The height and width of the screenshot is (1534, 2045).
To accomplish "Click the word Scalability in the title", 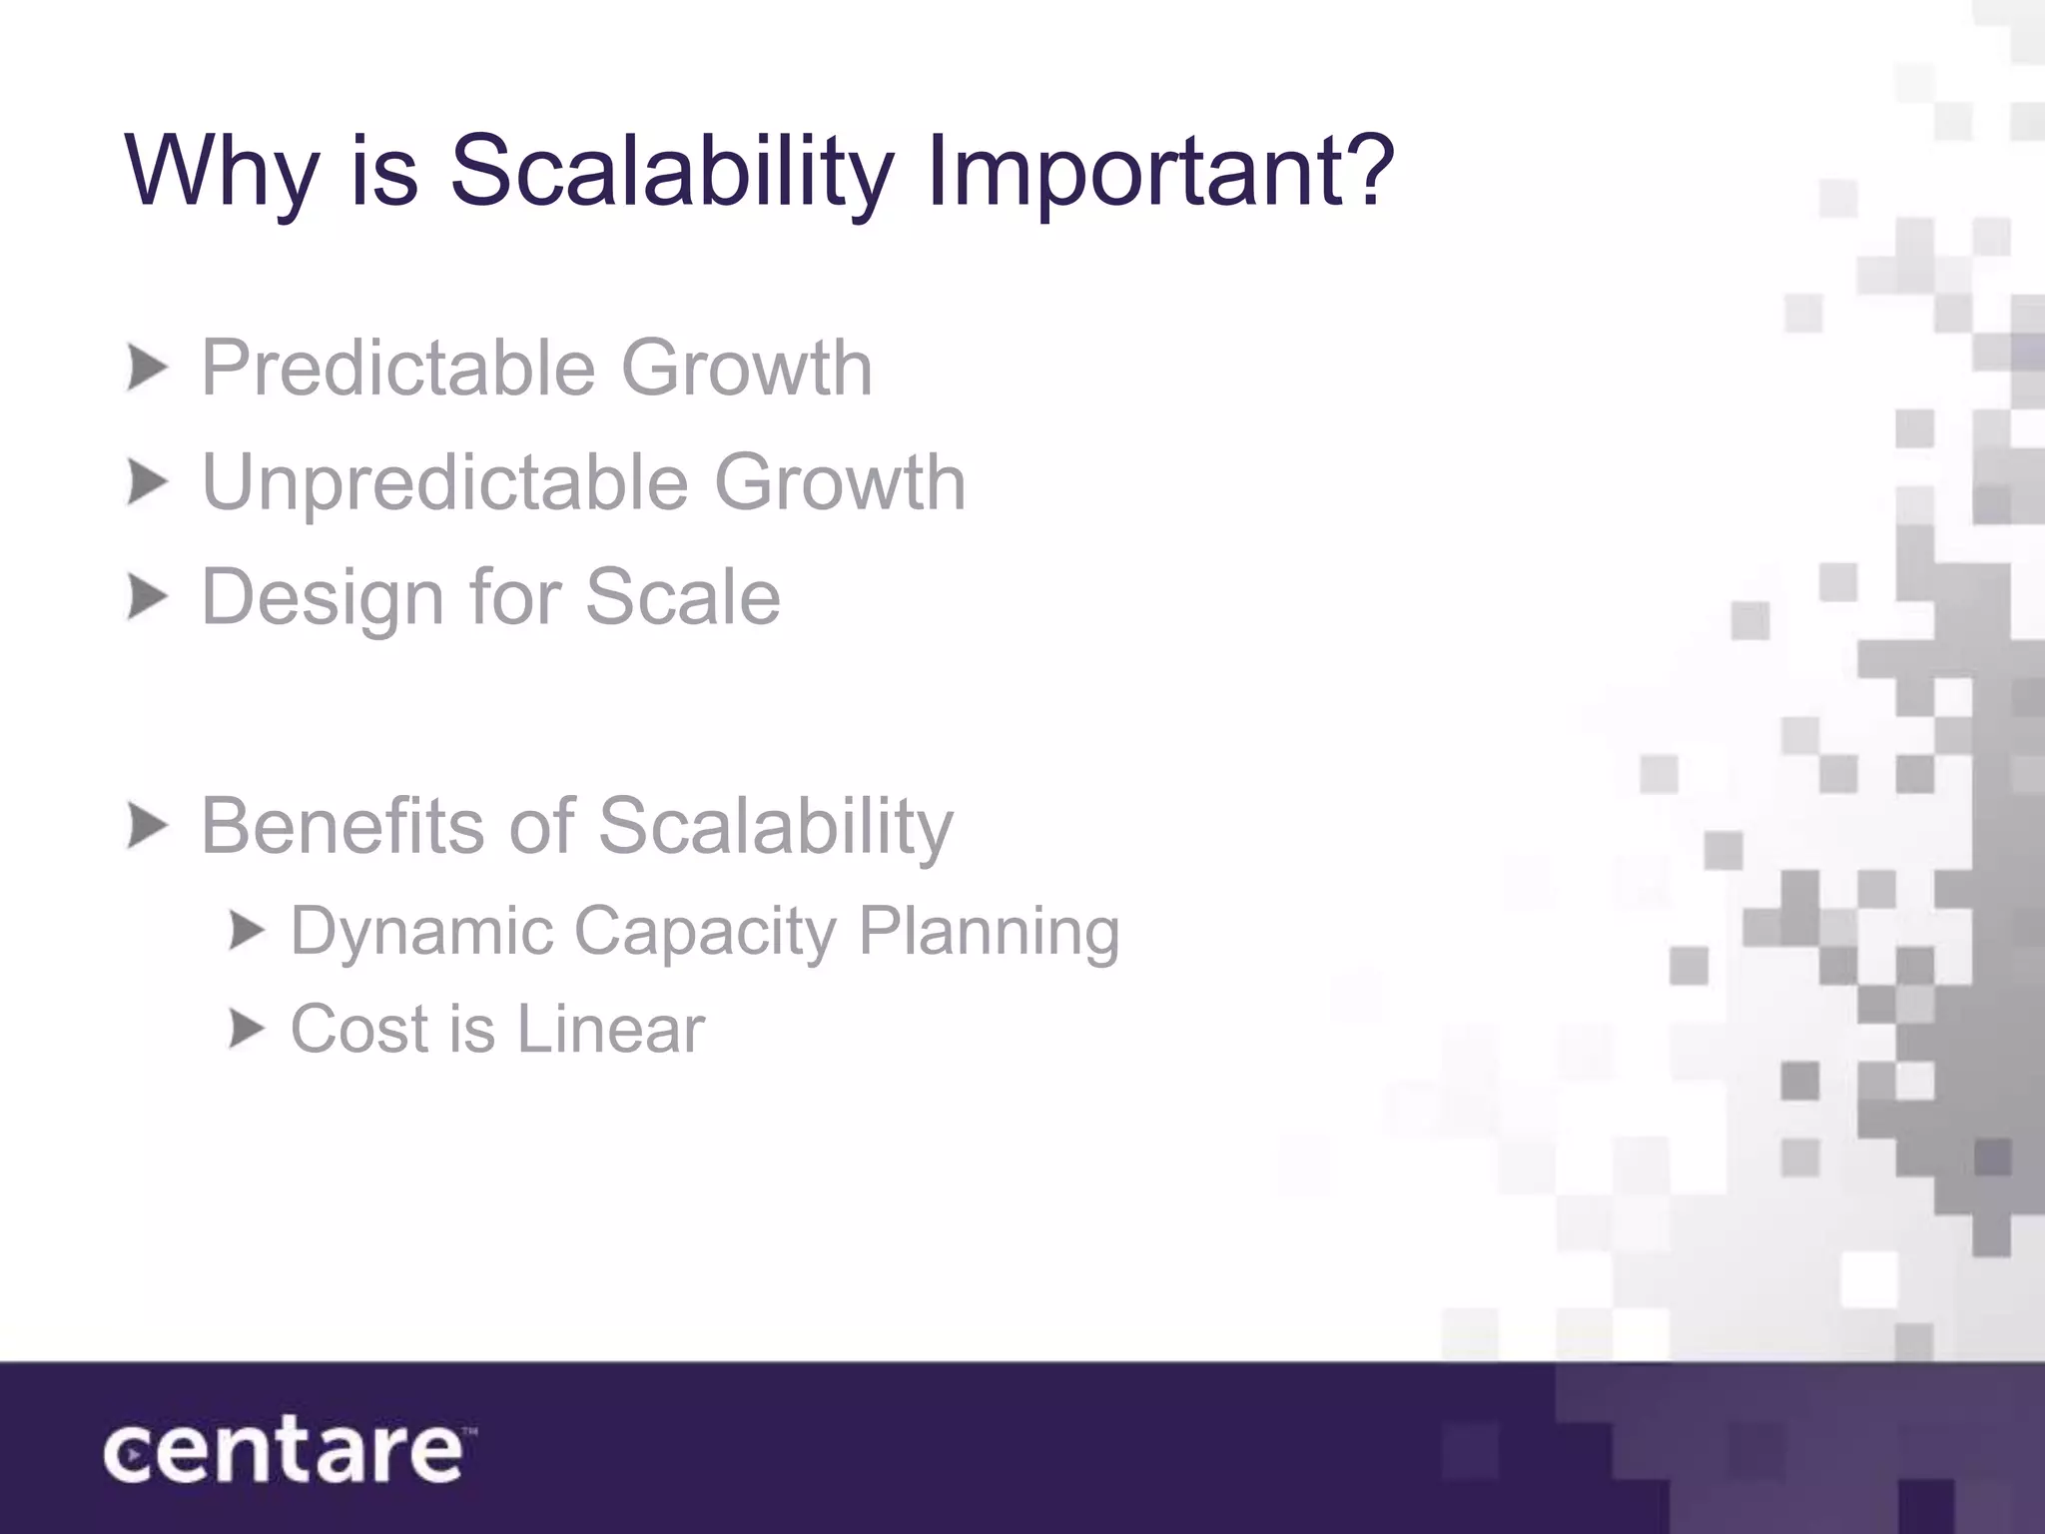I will pyautogui.click(x=671, y=172).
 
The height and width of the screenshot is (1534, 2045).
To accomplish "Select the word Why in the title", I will pyautogui.click(x=221, y=172).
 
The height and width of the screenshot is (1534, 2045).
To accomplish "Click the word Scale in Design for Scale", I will pyautogui.click(x=682, y=597).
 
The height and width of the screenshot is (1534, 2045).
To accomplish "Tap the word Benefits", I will pyautogui.click(x=343, y=826).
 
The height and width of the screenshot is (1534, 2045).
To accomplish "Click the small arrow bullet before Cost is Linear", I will pyautogui.click(x=246, y=1029).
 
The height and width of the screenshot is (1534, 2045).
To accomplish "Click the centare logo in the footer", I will pyautogui.click(x=286, y=1453).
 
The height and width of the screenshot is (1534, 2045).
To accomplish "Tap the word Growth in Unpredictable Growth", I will pyautogui.click(x=839, y=483).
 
